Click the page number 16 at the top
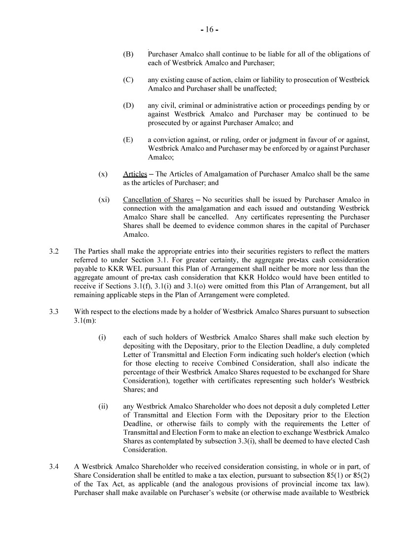coord(209,30)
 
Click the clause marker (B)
coord(128,54)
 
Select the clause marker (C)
coord(128,80)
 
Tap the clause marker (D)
coord(128,105)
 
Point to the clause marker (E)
coord(128,140)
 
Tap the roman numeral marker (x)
coord(103,174)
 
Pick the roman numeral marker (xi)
coord(104,200)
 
